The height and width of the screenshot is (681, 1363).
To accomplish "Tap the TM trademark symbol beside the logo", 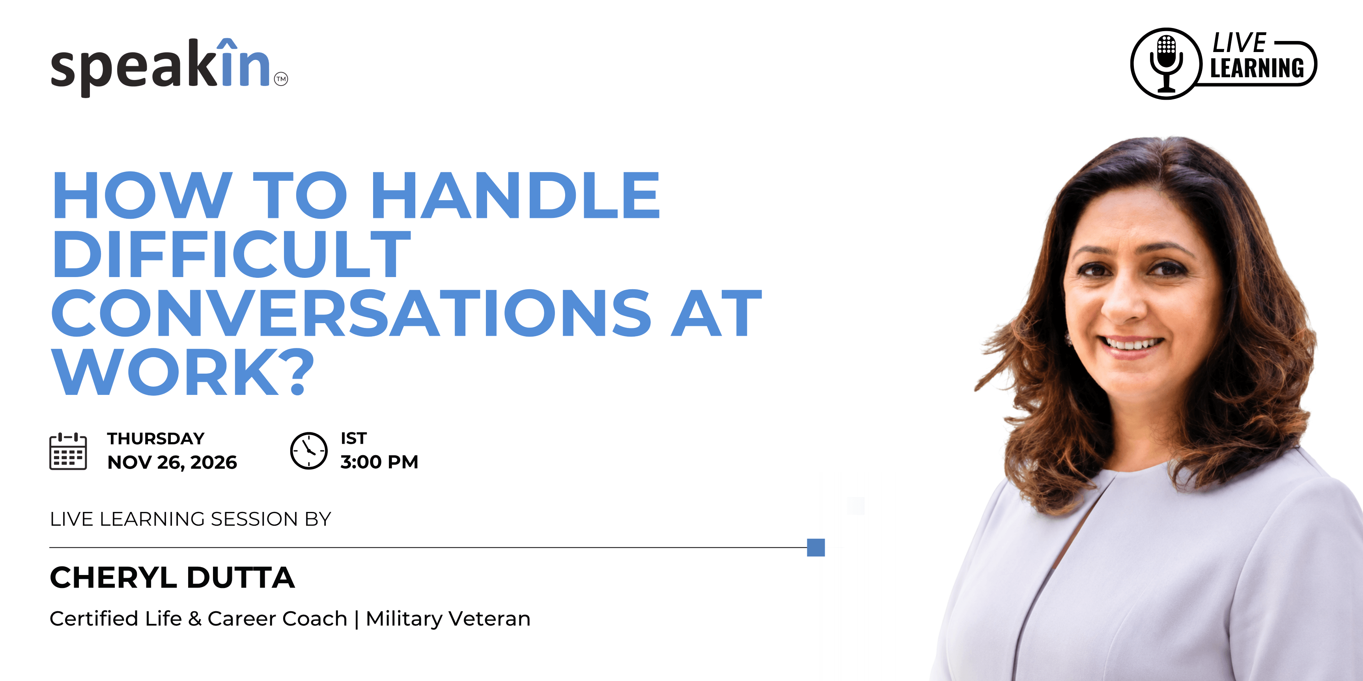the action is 281,79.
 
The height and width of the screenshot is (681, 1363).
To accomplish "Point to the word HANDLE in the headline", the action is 516,195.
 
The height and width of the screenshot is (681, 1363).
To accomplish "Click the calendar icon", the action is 68,450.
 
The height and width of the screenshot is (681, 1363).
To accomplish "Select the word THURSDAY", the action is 156,438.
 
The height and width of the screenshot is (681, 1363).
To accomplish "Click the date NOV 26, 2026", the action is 172,462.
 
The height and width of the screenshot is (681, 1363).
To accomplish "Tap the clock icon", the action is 309,450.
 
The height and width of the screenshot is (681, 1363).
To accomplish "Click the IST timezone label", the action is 353,438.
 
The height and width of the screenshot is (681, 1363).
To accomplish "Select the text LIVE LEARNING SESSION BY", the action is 190,519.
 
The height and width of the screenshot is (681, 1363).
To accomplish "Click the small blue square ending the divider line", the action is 816,547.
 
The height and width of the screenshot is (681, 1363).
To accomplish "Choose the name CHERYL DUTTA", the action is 172,577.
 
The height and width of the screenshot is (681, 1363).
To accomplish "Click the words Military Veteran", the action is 448,619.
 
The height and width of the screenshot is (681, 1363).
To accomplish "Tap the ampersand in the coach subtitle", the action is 195,619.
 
